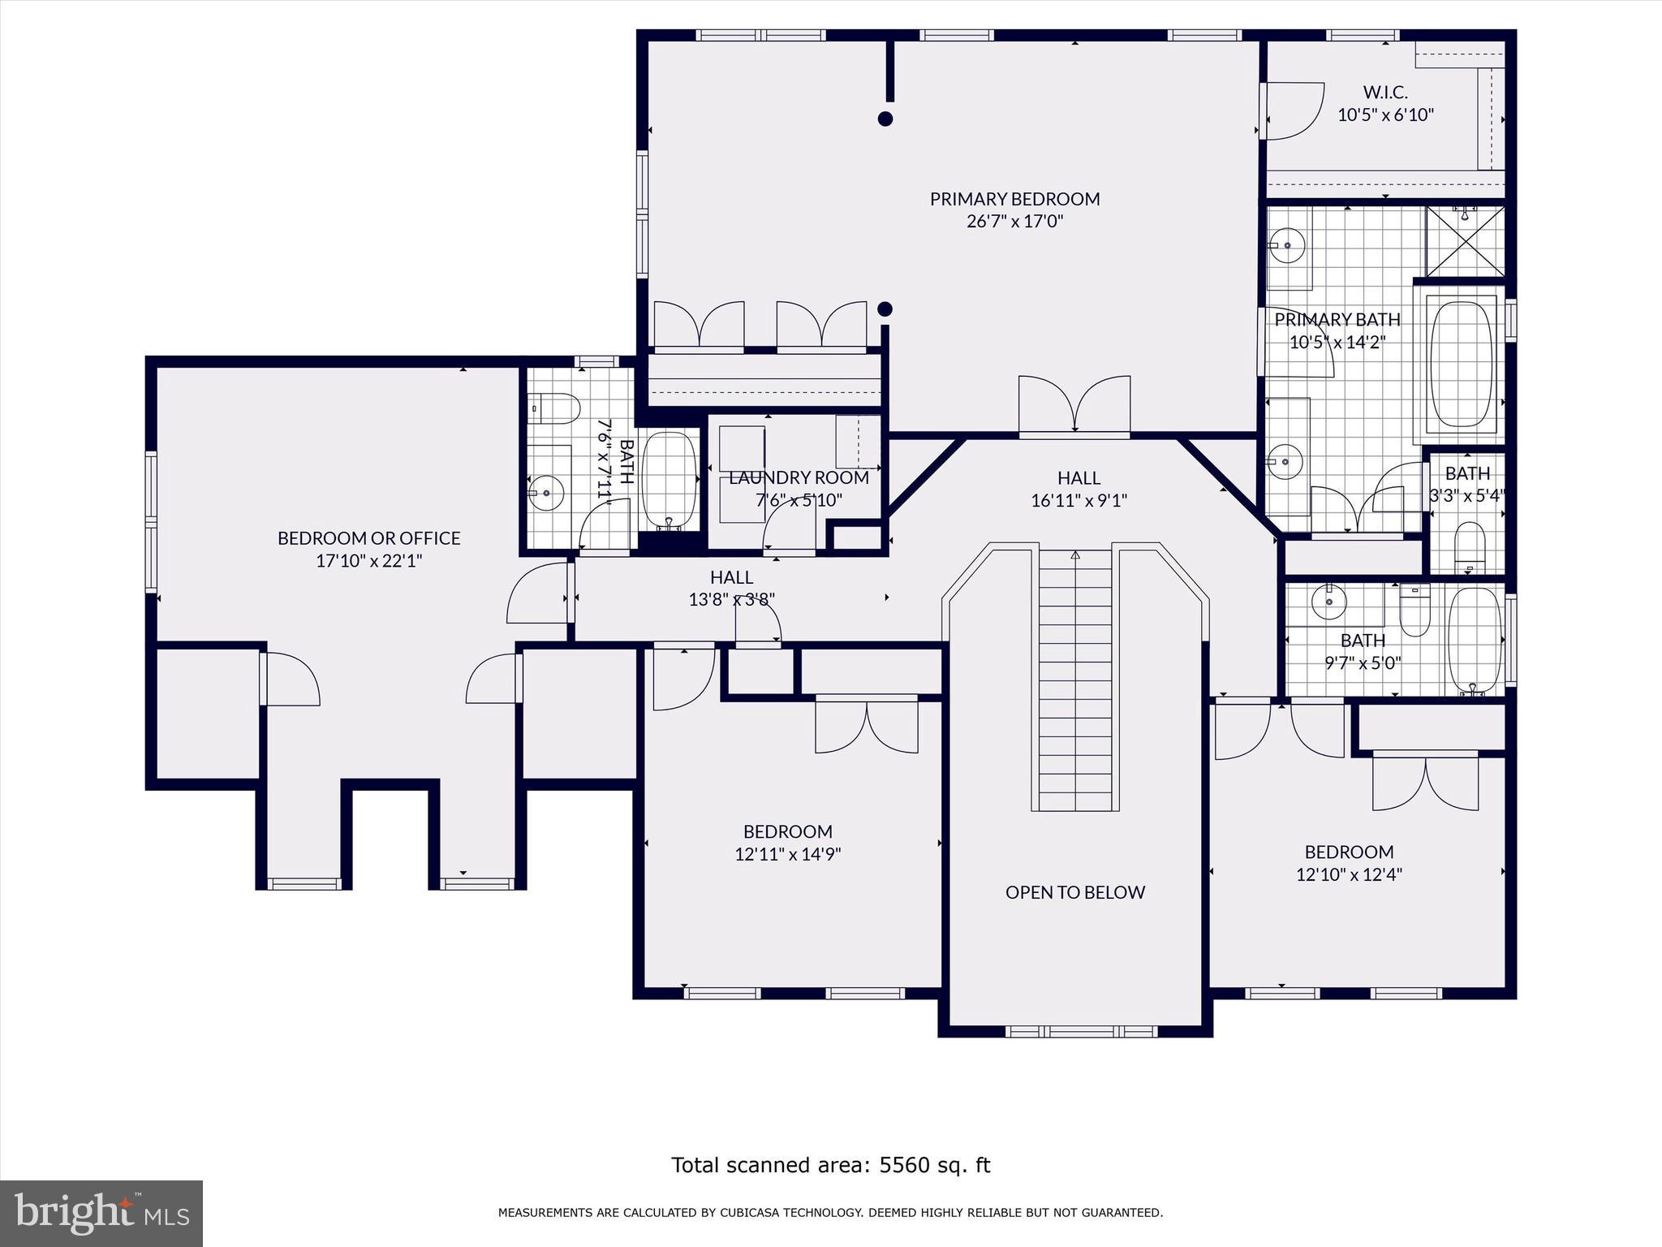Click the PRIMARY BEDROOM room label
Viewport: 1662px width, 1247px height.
pos(1014,199)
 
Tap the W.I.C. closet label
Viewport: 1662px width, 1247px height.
pos(1385,93)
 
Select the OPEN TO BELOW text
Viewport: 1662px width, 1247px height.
pos(1075,892)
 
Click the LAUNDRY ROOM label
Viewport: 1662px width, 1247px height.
pos(799,477)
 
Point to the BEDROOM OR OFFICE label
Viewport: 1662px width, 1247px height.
pos(369,538)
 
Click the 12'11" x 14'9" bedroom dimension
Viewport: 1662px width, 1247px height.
pos(788,854)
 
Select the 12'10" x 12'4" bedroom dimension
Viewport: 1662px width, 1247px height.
pos(1350,874)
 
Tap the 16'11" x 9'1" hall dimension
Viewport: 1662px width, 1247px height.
pos(1079,501)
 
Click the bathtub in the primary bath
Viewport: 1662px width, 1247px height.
pos(1461,365)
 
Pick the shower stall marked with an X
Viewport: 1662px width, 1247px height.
pos(1466,241)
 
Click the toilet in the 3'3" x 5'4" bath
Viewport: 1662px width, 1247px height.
pos(1470,544)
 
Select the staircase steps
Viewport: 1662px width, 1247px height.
pos(1075,680)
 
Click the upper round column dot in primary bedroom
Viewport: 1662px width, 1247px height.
pos(885,119)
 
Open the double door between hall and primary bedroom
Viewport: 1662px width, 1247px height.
pos(1074,404)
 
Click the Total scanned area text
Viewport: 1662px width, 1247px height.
pos(831,1165)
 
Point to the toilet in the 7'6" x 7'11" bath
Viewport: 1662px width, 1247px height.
pos(554,408)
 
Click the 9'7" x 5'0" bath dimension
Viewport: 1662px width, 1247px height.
pos(1363,663)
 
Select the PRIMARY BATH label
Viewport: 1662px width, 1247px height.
pos(1337,320)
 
